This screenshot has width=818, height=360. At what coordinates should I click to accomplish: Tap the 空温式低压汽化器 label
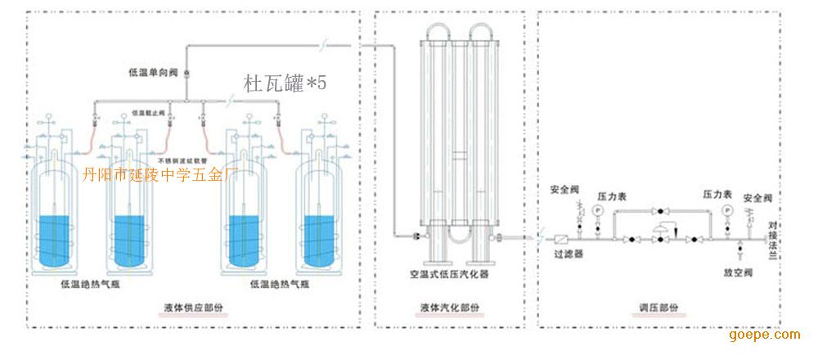click(450, 275)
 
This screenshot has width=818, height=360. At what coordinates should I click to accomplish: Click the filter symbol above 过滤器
click(562, 240)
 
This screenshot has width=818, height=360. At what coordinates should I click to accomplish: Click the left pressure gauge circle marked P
click(597, 210)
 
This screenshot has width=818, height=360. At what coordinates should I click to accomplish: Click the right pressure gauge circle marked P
click(727, 210)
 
